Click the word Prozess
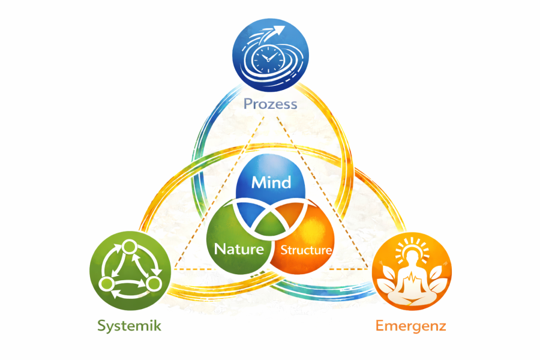[x=270, y=104]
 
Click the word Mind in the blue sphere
[x=271, y=182]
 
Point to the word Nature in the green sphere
[x=239, y=249]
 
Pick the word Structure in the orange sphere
[x=306, y=250]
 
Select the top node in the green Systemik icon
[x=130, y=246]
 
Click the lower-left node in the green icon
[x=107, y=283]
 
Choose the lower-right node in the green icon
[x=154, y=282]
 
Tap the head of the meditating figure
[x=412, y=256]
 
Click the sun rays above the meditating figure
[x=412, y=241]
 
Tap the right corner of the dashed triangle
[x=367, y=268]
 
